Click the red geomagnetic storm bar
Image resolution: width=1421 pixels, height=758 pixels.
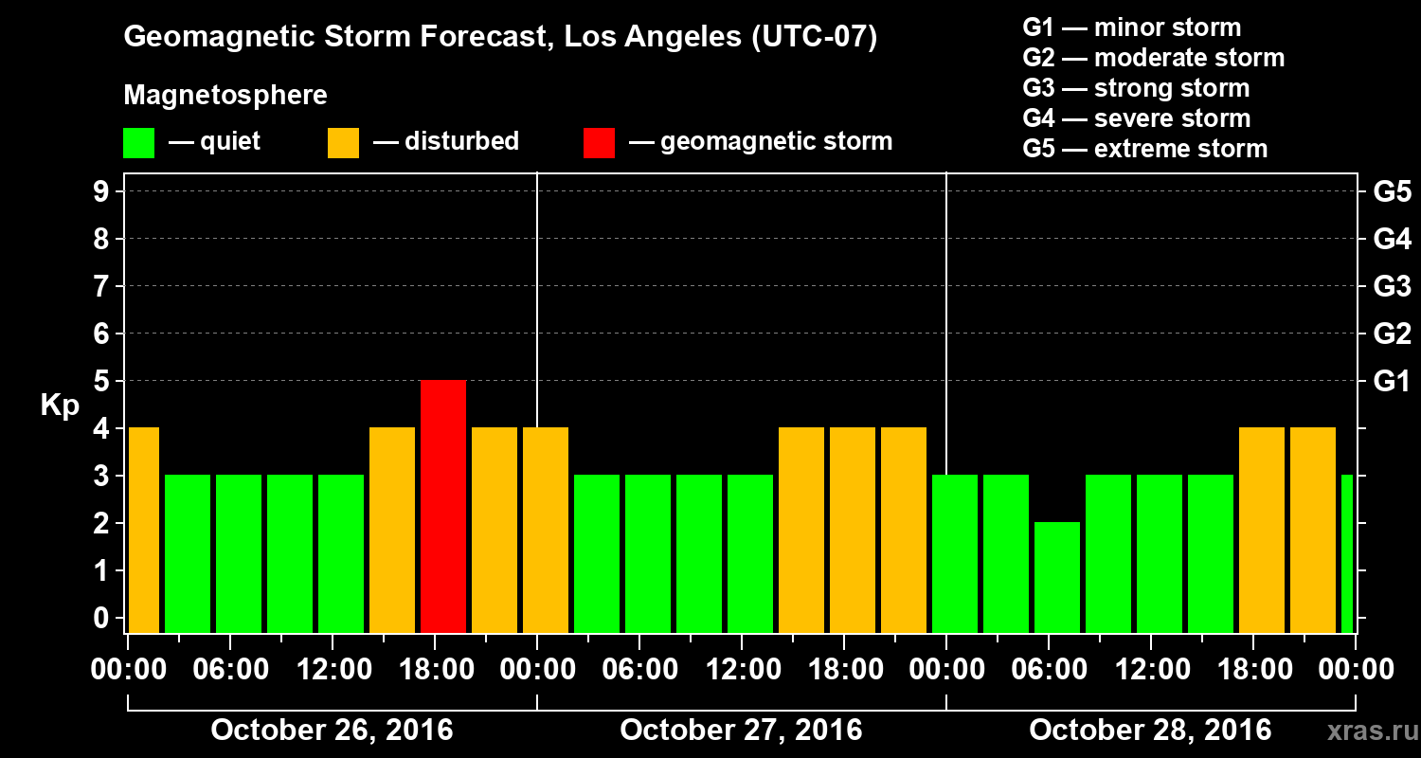point(443,506)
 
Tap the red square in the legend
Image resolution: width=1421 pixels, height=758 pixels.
point(599,142)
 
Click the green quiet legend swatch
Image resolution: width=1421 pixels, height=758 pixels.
point(138,142)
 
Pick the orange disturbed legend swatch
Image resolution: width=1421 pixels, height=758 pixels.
point(343,142)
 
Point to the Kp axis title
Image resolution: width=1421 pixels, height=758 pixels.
point(59,405)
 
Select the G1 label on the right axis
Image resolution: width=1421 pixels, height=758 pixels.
point(1392,381)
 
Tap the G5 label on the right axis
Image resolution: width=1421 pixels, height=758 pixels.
point(1392,191)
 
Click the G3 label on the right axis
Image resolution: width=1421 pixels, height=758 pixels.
point(1392,286)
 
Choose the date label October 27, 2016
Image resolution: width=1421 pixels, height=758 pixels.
point(741,730)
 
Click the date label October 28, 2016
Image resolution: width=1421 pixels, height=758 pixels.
point(1150,730)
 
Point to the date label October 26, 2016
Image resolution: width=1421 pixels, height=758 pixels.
point(332,730)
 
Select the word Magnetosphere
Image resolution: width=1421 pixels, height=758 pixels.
point(225,96)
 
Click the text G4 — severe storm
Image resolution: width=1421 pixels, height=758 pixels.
point(1137,118)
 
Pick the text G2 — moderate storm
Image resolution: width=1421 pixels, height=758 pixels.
point(1154,58)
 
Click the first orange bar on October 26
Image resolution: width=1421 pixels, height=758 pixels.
point(143,530)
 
